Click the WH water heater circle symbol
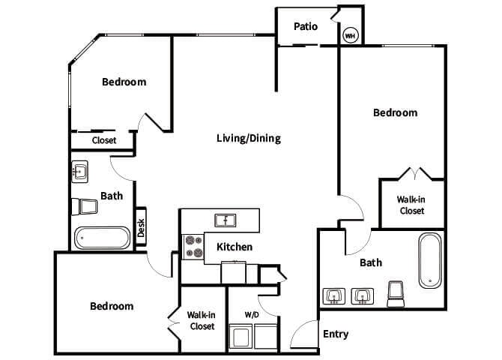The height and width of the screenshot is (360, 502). coord(350,34)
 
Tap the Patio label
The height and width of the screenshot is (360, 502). coord(306,26)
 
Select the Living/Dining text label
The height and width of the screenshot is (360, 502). coord(248,138)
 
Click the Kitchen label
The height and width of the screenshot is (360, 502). coord(235,247)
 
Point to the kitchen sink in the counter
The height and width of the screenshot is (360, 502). coord(224,220)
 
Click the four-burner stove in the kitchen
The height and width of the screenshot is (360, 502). coord(194,247)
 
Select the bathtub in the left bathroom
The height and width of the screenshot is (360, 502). coord(103,238)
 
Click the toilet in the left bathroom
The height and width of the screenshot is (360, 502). coord(84,206)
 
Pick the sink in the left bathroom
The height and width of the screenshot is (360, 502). coord(80,172)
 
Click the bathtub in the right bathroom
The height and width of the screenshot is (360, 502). coord(430,260)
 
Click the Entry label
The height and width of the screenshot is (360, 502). coord(335,334)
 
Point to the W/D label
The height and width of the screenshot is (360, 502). coord(252,315)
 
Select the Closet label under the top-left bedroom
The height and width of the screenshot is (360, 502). coord(104,140)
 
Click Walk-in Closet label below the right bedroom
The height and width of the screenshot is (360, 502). coord(411,205)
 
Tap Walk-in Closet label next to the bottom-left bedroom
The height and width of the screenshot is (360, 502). coord(201,321)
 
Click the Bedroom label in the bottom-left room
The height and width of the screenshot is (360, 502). coord(112,306)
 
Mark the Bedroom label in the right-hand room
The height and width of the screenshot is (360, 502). coord(395,112)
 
